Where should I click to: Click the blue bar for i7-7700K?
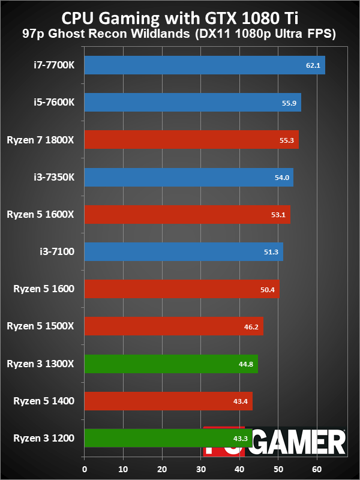[205, 65]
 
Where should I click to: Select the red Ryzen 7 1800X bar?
[191, 140]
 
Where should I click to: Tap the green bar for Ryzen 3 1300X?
[171, 364]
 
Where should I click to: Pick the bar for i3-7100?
[184, 251]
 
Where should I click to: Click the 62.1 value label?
[313, 65]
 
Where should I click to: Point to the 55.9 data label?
[289, 103]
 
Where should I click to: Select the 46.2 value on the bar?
[251, 327]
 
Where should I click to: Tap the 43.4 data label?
[241, 401]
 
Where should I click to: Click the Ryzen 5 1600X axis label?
[40, 214]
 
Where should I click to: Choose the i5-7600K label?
[54, 102]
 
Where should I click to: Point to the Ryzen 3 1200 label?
[44, 438]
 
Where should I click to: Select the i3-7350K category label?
[54, 177]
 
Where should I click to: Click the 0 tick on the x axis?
[85, 469]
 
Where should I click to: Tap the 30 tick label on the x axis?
[201, 469]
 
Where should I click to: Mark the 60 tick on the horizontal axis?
[317, 469]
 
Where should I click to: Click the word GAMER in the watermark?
[299, 442]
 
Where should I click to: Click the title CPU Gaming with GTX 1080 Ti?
[180, 19]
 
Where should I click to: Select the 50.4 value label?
[267, 290]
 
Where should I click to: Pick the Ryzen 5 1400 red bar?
[169, 401]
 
